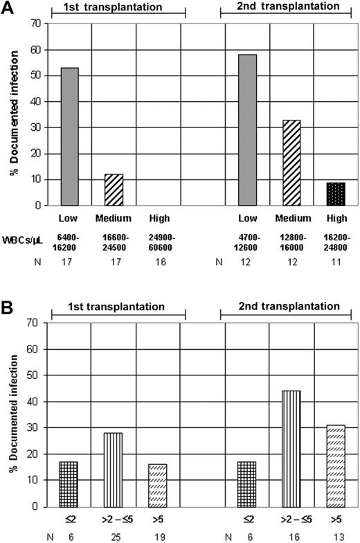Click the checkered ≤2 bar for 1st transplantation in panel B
69,484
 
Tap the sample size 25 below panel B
114,536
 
